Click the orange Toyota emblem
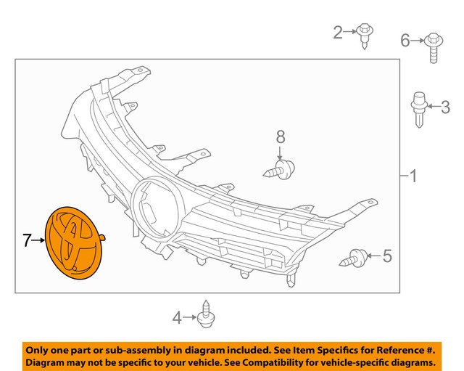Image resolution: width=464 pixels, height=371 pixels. tap(74, 243)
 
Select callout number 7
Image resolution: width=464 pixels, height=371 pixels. tap(27, 240)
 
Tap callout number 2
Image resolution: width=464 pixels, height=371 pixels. tap(338, 32)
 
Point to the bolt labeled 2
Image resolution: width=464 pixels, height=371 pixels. tap(365, 36)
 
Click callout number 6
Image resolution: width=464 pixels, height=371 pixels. tap(405, 41)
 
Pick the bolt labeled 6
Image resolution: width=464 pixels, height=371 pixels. tap(434, 48)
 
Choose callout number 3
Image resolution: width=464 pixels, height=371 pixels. tap(445, 107)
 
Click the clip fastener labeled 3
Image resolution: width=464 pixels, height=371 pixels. tap(419, 110)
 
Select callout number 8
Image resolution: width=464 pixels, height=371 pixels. tap(281, 136)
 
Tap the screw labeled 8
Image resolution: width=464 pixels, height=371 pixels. tap(279, 169)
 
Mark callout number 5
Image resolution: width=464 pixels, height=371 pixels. tap(387, 256)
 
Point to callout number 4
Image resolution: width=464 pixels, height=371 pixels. tap(177, 318)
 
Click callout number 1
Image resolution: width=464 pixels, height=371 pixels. tap(414, 176)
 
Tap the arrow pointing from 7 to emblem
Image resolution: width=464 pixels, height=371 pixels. tap(38, 240)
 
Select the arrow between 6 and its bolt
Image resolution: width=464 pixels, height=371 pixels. tap(418, 41)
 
